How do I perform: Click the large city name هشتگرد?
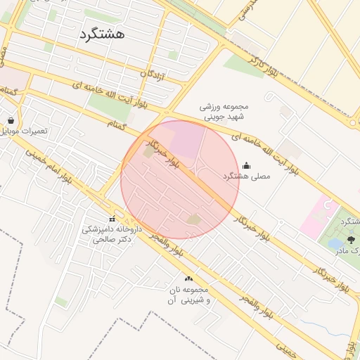pyautogui.click(x=101, y=33)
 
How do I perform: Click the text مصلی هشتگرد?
pyautogui.click(x=246, y=176)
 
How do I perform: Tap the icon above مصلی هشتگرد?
pyautogui.click(x=245, y=165)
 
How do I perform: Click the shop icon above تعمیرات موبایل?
pyautogui.click(x=11, y=120)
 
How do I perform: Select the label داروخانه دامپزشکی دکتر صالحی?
pyautogui.click(x=111, y=234)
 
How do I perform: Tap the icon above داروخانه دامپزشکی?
pyautogui.click(x=112, y=219)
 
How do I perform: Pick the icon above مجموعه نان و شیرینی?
pyautogui.click(x=188, y=279)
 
